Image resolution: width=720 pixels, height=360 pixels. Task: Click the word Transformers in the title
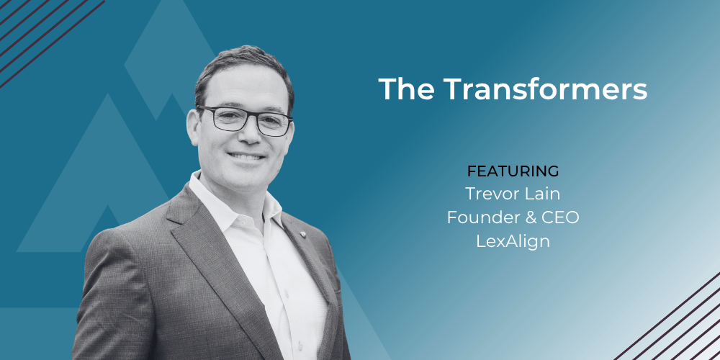click(546, 89)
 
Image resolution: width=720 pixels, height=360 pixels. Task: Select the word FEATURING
click(513, 171)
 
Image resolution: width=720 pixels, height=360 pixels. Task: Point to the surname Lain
click(545, 194)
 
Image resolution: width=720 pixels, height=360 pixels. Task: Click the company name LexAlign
click(513, 241)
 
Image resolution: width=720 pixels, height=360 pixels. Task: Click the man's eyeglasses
click(245, 120)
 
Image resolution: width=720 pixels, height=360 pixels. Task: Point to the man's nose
click(248, 135)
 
